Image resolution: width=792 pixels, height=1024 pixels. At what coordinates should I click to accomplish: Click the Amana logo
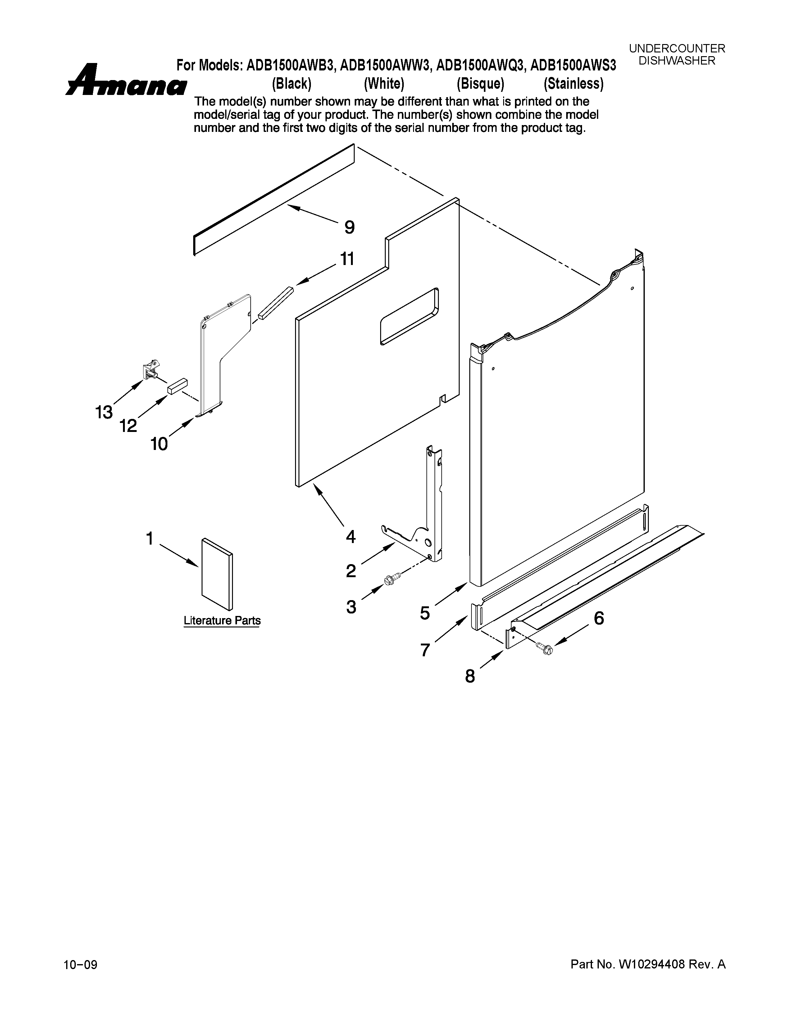click(x=126, y=81)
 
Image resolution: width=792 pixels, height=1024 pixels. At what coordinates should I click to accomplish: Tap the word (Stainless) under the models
click(x=573, y=84)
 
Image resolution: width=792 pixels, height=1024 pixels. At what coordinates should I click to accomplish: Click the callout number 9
click(x=349, y=228)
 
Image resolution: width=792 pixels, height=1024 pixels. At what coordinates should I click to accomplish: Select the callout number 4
click(x=350, y=537)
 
